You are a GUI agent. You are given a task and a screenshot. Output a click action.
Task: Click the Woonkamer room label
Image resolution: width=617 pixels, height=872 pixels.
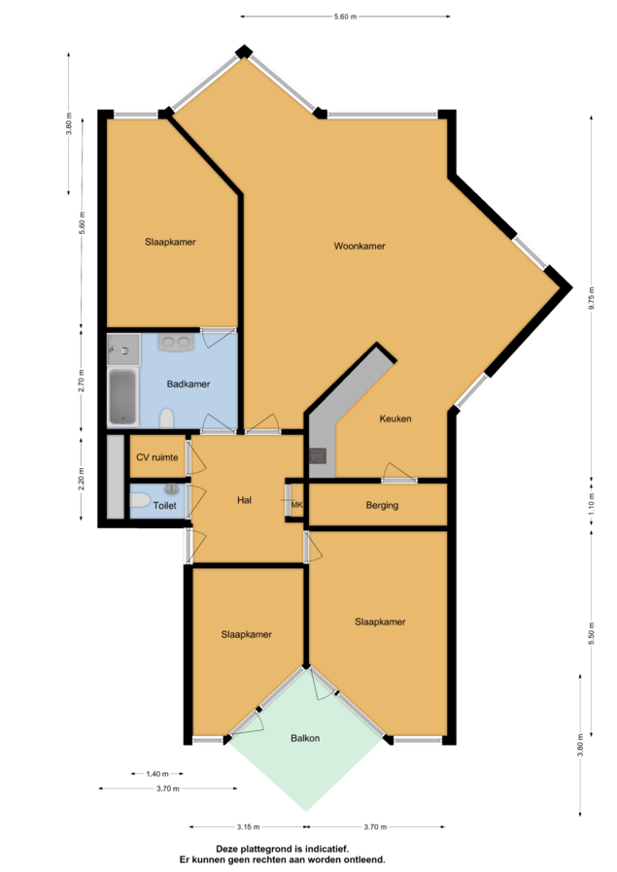click(360, 246)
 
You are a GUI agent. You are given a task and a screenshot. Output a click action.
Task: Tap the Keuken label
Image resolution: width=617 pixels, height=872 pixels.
click(395, 419)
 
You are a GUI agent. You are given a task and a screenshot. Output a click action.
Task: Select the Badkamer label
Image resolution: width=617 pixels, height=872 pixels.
click(189, 384)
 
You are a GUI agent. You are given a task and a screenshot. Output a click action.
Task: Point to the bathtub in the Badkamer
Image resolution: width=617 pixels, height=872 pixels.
click(122, 396)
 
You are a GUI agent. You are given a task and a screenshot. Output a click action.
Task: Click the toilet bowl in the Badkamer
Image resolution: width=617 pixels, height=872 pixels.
click(166, 419)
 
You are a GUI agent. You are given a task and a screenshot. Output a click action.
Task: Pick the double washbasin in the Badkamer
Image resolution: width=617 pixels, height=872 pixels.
click(176, 342)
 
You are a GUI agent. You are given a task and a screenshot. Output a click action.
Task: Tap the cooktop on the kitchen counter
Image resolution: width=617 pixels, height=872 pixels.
click(318, 456)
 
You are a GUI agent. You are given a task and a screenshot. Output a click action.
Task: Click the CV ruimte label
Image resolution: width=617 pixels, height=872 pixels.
click(157, 457)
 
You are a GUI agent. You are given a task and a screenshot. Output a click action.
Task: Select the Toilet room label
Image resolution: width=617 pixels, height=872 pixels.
click(164, 506)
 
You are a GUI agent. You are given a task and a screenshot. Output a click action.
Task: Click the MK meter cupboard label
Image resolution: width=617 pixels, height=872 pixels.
click(297, 505)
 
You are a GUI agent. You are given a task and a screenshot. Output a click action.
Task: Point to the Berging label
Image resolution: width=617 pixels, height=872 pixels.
click(382, 505)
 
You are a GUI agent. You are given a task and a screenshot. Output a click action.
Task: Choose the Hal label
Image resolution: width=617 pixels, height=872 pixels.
click(244, 500)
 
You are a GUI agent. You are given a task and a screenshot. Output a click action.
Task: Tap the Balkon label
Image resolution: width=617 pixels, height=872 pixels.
click(305, 738)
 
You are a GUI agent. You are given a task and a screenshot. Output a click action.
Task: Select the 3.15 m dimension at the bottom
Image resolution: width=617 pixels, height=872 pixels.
click(248, 827)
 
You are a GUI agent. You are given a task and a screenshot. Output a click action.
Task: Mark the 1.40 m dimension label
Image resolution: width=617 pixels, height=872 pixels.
click(157, 774)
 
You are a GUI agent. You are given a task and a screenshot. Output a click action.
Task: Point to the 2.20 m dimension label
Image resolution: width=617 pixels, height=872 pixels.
click(82, 479)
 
